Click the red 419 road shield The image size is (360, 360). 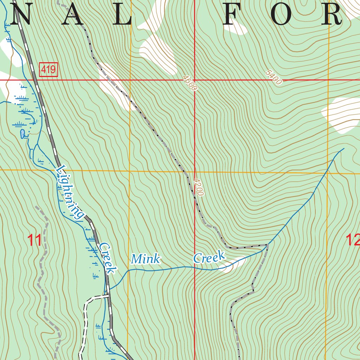click(x=48, y=70)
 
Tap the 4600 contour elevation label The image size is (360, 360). click(x=189, y=83)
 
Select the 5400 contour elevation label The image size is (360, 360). click(x=274, y=78)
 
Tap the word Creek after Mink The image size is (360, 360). click(x=209, y=257)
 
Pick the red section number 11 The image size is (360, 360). click(x=35, y=240)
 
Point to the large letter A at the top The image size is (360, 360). click(x=70, y=15)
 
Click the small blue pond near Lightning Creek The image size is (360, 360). click(x=22, y=134)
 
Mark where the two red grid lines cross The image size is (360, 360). click(x=195, y=80)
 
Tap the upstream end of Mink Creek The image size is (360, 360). click(x=343, y=148)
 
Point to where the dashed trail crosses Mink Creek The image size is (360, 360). click(x=267, y=244)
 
